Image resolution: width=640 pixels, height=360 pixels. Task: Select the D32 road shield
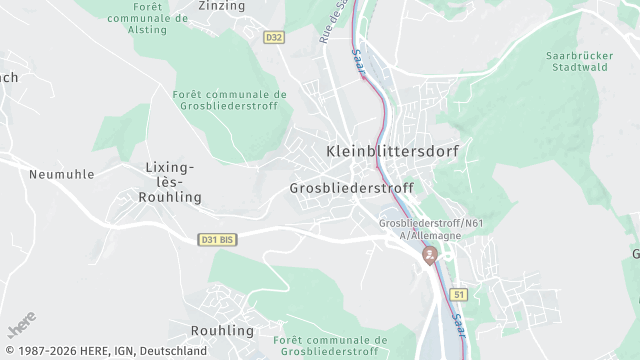(275, 37)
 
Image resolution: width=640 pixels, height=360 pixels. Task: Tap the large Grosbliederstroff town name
(350, 188)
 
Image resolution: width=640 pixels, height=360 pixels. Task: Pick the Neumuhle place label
(62, 173)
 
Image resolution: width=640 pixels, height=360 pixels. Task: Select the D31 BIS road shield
(217, 240)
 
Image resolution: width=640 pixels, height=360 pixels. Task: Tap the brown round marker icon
(430, 256)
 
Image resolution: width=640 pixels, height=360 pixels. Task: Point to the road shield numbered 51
(459, 295)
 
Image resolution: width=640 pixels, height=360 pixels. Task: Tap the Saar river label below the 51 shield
(457, 324)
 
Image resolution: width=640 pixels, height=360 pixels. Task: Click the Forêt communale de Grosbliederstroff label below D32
(230, 101)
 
